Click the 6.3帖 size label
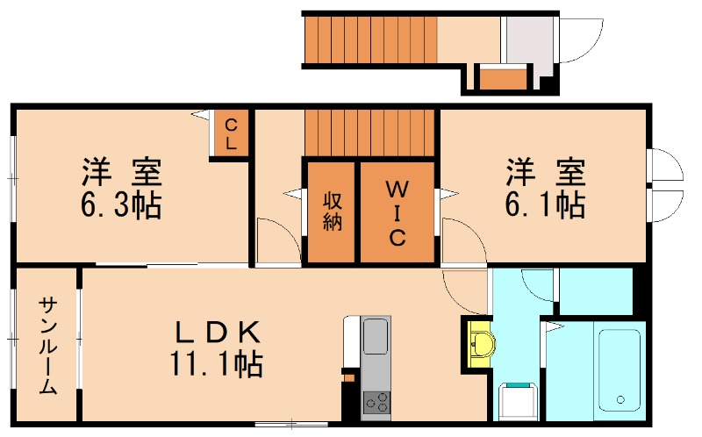coord(121,205)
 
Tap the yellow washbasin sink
coord(481,342)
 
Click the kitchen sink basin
coord(376,337)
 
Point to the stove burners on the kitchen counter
coord(376,403)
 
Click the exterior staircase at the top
coord(369,39)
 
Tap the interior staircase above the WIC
coord(369,133)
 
